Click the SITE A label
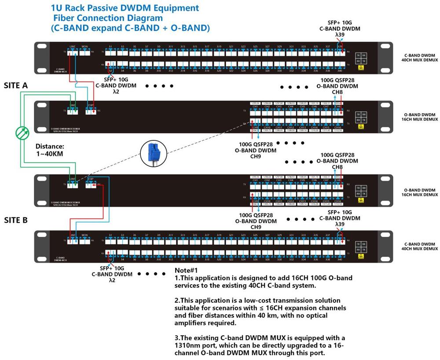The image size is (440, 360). [15, 85]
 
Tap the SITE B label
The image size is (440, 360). [15, 220]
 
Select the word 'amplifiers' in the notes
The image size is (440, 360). [192, 323]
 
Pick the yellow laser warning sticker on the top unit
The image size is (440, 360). [361, 68]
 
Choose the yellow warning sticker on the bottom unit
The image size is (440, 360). [361, 255]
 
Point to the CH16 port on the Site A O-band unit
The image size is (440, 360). [338, 121]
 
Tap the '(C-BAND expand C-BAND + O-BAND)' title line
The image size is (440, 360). [130, 28]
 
